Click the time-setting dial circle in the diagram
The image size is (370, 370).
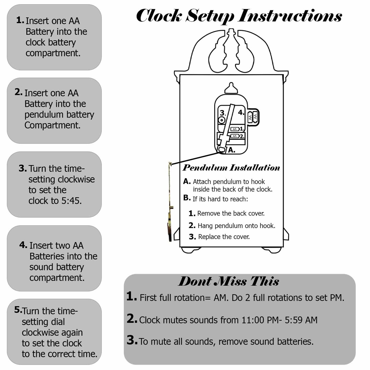[222, 120]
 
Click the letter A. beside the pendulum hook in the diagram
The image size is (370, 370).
[232, 150]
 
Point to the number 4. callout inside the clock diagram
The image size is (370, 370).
[241, 112]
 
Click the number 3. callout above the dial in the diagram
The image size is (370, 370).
[223, 113]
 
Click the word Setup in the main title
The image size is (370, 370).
[210, 16]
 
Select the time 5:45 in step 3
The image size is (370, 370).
[71, 201]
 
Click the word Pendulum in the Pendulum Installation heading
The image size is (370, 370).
[205, 168]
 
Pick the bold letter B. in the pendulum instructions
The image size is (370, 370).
[187, 198]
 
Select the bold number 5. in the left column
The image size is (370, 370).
[18, 310]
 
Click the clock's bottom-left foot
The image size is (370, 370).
[190, 250]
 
